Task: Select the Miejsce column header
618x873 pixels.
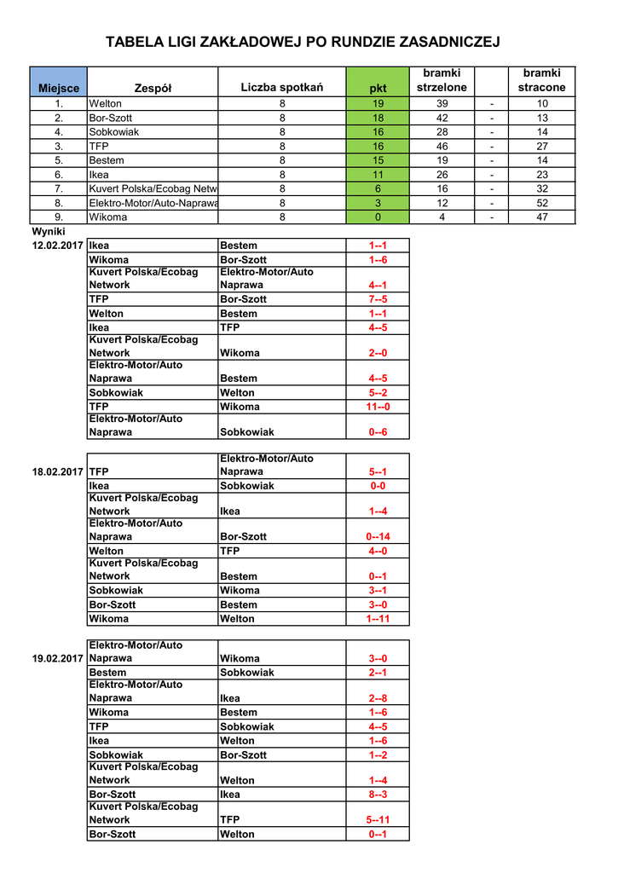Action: [59, 88]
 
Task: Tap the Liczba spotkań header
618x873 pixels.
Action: [282, 88]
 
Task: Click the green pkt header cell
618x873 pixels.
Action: [378, 88]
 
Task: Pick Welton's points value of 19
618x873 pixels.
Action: [378, 103]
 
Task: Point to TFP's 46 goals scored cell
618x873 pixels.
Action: [442, 146]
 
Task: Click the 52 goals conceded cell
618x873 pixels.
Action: [542, 203]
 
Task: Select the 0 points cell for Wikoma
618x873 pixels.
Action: [378, 217]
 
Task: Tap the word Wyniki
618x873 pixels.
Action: [49, 231]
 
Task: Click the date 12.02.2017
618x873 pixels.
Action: [58, 246]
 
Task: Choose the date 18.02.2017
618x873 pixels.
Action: [58, 471]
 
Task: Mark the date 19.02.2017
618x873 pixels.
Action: [58, 658]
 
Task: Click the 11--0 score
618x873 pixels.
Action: [378, 407]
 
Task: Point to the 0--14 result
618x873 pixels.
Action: [378, 536]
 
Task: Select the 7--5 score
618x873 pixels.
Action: [378, 299]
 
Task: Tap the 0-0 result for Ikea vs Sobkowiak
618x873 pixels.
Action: [378, 486]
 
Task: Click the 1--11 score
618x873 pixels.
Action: [378, 619]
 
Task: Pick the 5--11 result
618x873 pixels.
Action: [378, 820]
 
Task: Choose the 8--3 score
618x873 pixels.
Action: [378, 795]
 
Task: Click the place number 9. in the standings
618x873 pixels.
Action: [59, 217]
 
